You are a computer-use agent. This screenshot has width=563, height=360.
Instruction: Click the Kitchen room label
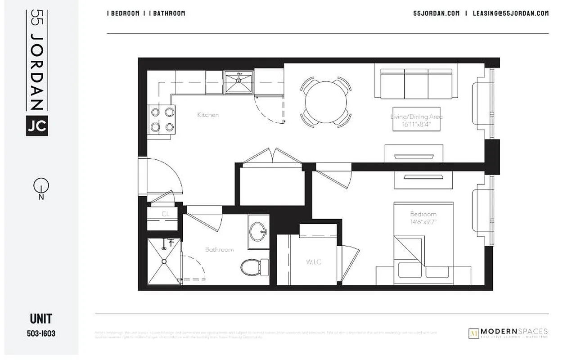[208, 115]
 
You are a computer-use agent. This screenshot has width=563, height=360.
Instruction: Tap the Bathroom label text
[220, 249]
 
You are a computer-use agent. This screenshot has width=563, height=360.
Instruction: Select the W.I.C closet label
[313, 262]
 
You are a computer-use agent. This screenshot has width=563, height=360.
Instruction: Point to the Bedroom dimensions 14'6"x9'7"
[423, 222]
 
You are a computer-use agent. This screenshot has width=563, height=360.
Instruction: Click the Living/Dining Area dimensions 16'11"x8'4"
[416, 125]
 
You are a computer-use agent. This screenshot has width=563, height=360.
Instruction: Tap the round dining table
[326, 101]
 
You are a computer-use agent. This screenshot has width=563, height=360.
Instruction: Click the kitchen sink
[239, 82]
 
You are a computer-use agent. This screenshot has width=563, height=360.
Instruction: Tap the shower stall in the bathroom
[164, 261]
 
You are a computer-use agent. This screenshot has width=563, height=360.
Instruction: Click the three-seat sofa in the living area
[416, 83]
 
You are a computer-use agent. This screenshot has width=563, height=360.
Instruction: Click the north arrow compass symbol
[41, 185]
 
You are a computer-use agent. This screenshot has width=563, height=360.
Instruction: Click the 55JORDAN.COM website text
[436, 13]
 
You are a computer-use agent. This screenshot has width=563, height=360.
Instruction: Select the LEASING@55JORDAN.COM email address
[510, 13]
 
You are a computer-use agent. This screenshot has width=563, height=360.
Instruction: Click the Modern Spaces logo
[508, 333]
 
